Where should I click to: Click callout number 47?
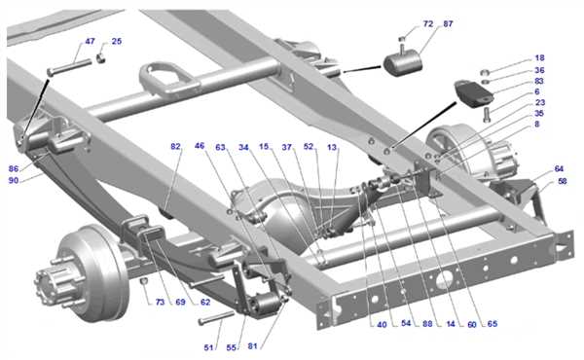pyautogui.click(x=90, y=41)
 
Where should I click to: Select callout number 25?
pyautogui.click(x=117, y=41)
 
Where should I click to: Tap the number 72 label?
pyautogui.click(x=428, y=23)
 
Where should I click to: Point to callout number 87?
pyautogui.click(x=448, y=23)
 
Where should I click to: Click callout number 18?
pyautogui.click(x=539, y=58)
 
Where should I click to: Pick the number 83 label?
pyautogui.click(x=539, y=81)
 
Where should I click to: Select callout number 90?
pyautogui.click(x=14, y=181)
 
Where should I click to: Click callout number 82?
pyautogui.click(x=175, y=146)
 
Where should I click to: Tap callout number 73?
pyautogui.click(x=160, y=303)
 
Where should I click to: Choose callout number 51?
pyautogui.click(x=208, y=347)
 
